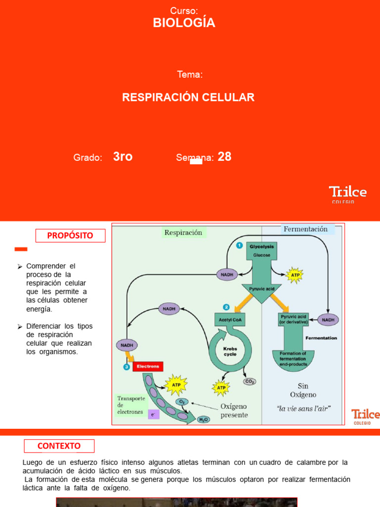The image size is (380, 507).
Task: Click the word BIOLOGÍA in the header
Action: pos(184,23)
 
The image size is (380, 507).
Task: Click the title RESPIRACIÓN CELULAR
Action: pos(188,98)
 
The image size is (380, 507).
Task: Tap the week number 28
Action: pos(225,157)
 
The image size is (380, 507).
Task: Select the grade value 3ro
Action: pos(123,157)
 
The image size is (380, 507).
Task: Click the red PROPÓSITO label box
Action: pos(70,236)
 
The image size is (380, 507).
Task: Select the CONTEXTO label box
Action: pos(59,446)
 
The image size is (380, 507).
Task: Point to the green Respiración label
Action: pos(183,232)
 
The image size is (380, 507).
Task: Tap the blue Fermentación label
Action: pos(305,229)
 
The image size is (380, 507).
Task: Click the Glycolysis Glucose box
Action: pos(262,251)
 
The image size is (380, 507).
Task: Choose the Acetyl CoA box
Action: pos(229,320)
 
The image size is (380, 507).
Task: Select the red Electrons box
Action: pos(147,366)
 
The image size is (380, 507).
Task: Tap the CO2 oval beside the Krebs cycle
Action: pos(250,381)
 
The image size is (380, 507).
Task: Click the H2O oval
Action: pos(203,419)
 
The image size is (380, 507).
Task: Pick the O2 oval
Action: pos(182,402)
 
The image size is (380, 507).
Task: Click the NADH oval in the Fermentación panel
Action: pos(328,320)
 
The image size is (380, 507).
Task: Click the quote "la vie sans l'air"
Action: pos(303,409)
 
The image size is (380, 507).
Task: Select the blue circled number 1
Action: pos(239,245)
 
